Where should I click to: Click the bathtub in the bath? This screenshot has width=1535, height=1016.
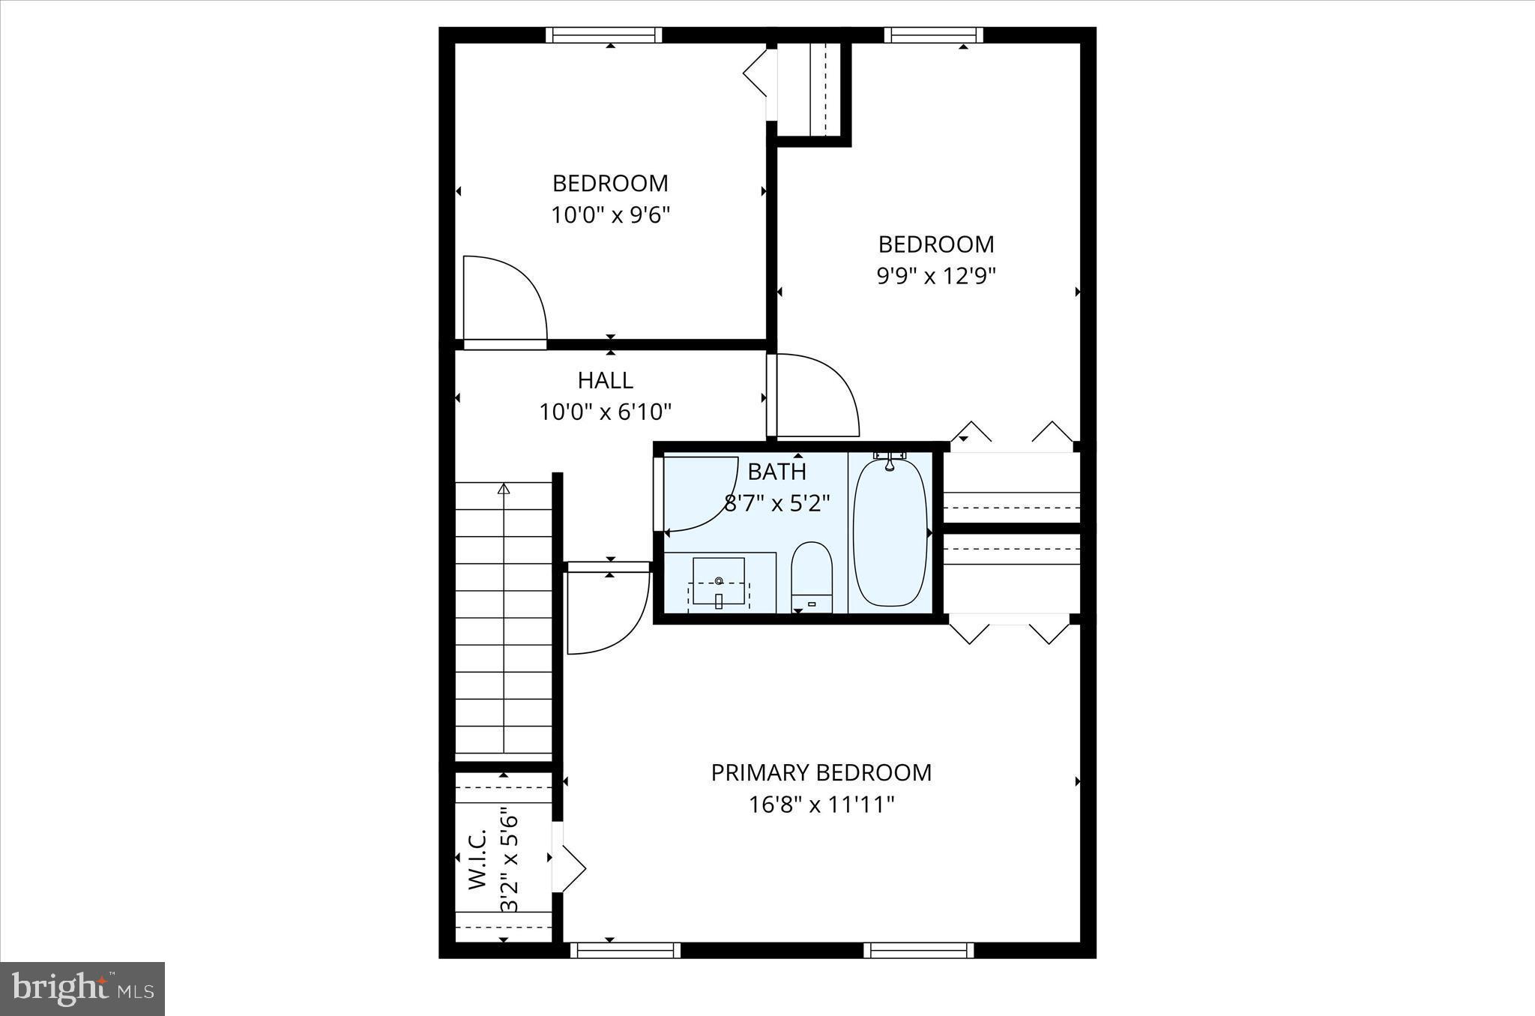[890, 532]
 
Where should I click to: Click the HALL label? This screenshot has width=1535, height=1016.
[605, 380]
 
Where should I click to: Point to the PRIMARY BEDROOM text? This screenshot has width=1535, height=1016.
[821, 773]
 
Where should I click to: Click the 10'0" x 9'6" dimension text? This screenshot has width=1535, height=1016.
[610, 216]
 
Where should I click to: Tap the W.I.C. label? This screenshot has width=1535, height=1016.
[478, 859]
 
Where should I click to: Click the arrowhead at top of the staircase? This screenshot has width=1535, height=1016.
[504, 489]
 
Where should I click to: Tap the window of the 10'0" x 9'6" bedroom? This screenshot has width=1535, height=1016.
[604, 34]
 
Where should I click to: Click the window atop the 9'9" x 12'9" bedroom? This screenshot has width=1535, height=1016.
[933, 34]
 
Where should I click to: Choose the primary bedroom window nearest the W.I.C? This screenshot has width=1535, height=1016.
[625, 950]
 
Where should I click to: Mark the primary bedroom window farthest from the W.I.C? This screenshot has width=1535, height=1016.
[918, 950]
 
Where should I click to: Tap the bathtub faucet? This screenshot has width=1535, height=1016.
[890, 460]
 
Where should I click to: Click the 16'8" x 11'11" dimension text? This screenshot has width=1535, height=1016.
[821, 805]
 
